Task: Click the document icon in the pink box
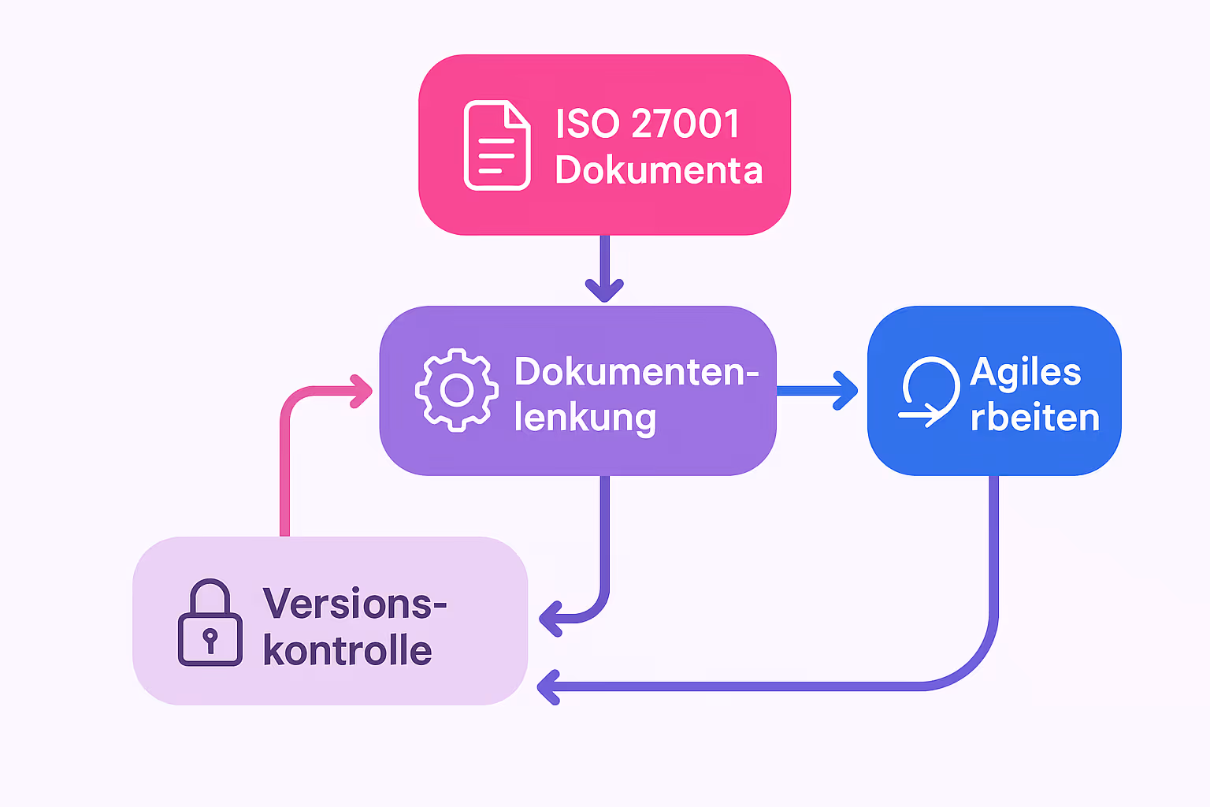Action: (x=496, y=145)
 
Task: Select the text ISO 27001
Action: (x=647, y=124)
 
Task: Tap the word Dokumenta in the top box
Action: (x=659, y=170)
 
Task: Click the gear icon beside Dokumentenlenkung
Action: (x=457, y=389)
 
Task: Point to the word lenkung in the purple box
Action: (x=585, y=418)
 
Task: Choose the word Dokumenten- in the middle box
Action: (x=636, y=371)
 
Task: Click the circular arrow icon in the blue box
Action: (x=930, y=391)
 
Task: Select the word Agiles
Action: (x=1026, y=372)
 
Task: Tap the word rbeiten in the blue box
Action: (x=1034, y=418)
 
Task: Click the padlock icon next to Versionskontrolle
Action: (x=210, y=623)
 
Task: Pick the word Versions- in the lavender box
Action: (x=354, y=604)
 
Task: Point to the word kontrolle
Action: (x=347, y=651)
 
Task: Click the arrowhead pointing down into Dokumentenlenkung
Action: (x=604, y=290)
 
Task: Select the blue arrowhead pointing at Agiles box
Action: (x=847, y=391)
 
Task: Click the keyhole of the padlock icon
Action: (x=210, y=637)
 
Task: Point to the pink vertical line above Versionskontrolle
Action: (x=285, y=473)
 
